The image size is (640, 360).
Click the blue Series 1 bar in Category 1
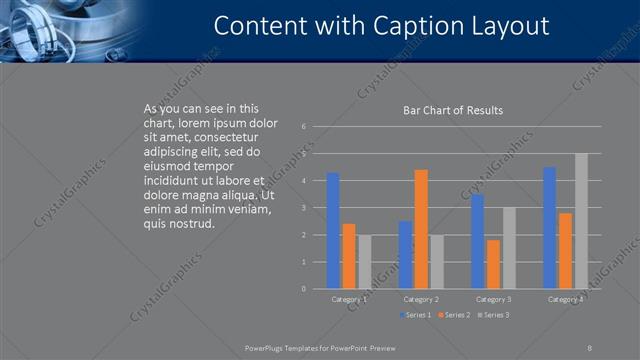[333, 231]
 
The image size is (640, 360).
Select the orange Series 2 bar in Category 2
[421, 229]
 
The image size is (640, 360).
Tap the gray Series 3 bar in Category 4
[581, 221]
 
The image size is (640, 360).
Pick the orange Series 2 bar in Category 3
[493, 264]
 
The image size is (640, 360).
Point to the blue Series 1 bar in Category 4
[549, 228]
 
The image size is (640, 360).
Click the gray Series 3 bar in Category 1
[364, 262]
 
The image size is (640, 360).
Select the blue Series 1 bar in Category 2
[405, 255]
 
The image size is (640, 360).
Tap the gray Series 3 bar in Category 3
[509, 248]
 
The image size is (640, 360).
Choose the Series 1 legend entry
[417, 315]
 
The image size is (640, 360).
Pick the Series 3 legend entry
[493, 315]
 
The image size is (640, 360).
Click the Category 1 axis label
[349, 299]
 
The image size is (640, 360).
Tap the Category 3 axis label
[493, 299]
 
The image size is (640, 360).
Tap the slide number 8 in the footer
[590, 347]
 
